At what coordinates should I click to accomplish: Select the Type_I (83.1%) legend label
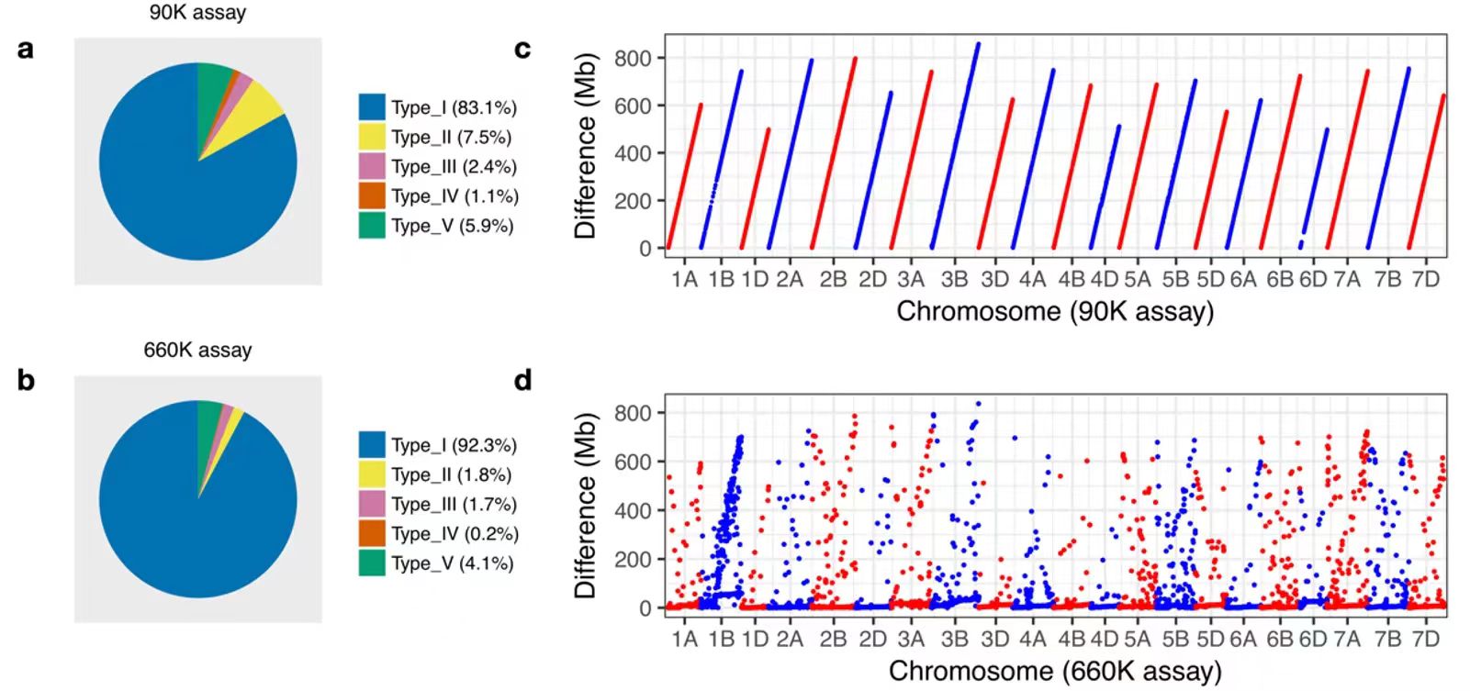click(454, 107)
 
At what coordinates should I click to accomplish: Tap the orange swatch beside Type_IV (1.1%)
click(371, 195)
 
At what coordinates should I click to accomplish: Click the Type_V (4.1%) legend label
click(452, 563)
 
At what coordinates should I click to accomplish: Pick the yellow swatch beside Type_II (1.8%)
click(371, 474)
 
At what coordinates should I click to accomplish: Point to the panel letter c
click(522, 49)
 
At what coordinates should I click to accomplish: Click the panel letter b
click(26, 379)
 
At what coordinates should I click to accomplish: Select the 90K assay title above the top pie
click(197, 13)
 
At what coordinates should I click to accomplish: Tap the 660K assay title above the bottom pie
click(197, 350)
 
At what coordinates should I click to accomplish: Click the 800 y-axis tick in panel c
click(633, 58)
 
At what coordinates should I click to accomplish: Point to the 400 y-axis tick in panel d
click(633, 510)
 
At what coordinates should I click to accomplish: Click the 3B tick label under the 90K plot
click(954, 279)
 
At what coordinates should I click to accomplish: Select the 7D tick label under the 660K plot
click(1425, 638)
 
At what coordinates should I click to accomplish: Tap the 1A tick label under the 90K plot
click(684, 279)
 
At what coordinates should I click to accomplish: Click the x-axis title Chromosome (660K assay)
click(1055, 671)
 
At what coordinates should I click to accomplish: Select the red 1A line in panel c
click(685, 174)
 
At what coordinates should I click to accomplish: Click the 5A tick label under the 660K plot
click(1137, 638)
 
